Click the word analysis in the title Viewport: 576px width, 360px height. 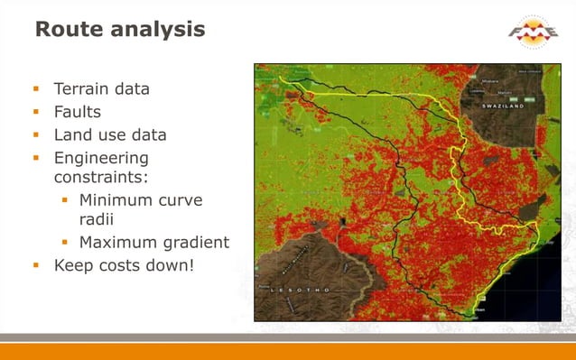[161, 30]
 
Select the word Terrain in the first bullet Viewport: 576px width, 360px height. [82, 89]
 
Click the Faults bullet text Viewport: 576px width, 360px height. [77, 112]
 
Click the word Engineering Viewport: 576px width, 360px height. [101, 159]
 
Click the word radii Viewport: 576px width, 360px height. [98, 219]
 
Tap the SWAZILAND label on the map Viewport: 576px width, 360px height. [500, 106]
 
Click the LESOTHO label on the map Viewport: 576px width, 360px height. [298, 291]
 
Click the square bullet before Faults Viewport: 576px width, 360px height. [37, 113]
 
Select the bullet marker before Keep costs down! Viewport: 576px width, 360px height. [37, 266]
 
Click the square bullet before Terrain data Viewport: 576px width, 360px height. [37, 89]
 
